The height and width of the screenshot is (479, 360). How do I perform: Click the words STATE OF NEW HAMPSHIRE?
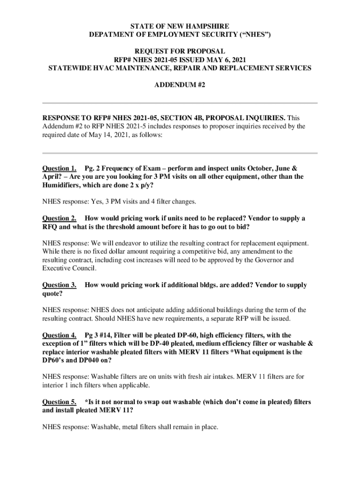(x=180, y=26)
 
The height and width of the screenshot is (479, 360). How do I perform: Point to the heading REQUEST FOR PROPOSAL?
(x=180, y=51)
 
